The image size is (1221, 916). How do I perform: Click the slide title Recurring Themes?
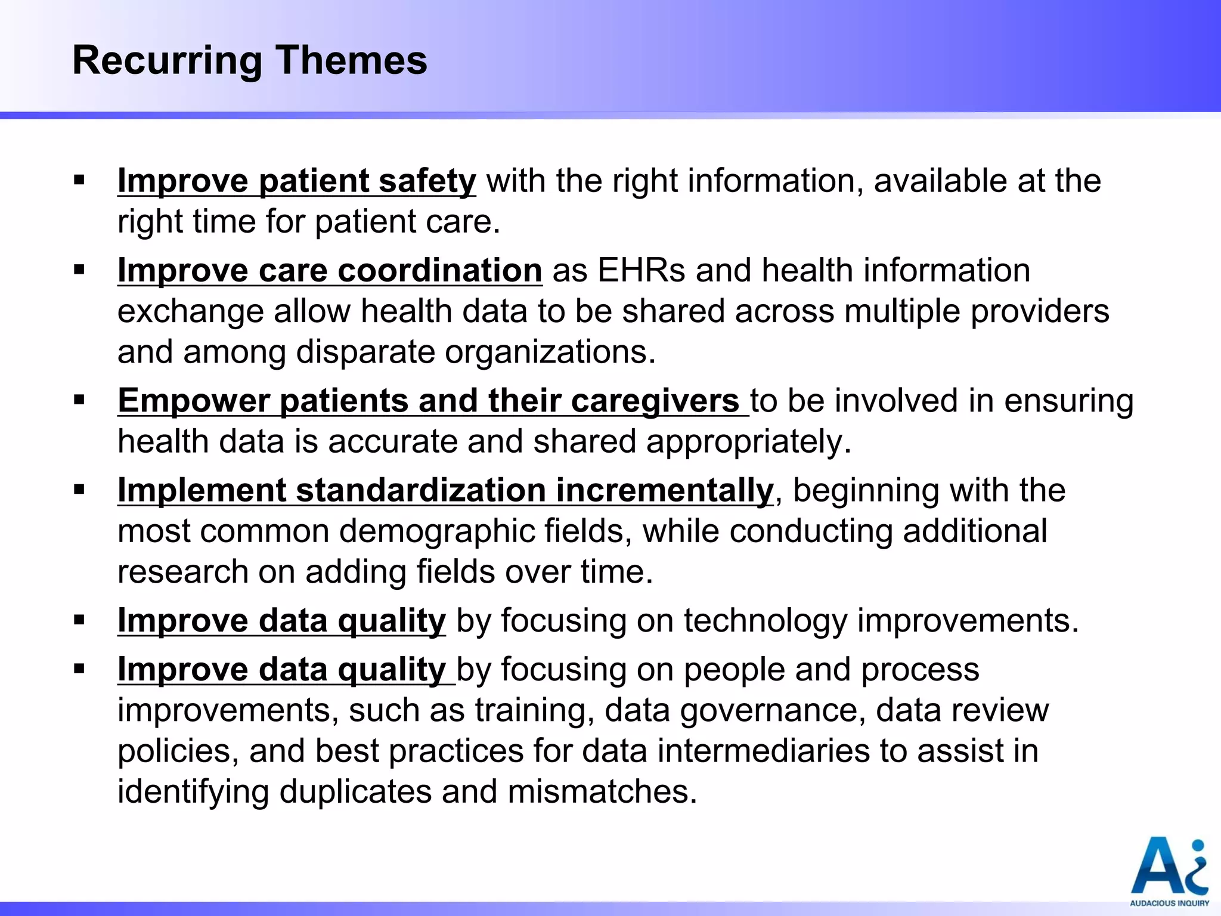249,60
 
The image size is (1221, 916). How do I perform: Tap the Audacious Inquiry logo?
1169,871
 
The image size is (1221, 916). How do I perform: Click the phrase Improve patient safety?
296,181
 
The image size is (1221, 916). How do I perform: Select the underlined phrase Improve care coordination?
330,271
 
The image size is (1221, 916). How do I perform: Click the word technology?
765,621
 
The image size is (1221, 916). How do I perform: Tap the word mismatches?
602,792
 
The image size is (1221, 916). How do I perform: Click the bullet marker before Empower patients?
79,400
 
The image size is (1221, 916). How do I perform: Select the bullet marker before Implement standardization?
79,490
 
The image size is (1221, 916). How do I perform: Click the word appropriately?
749,442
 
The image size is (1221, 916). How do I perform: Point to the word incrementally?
664,491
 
